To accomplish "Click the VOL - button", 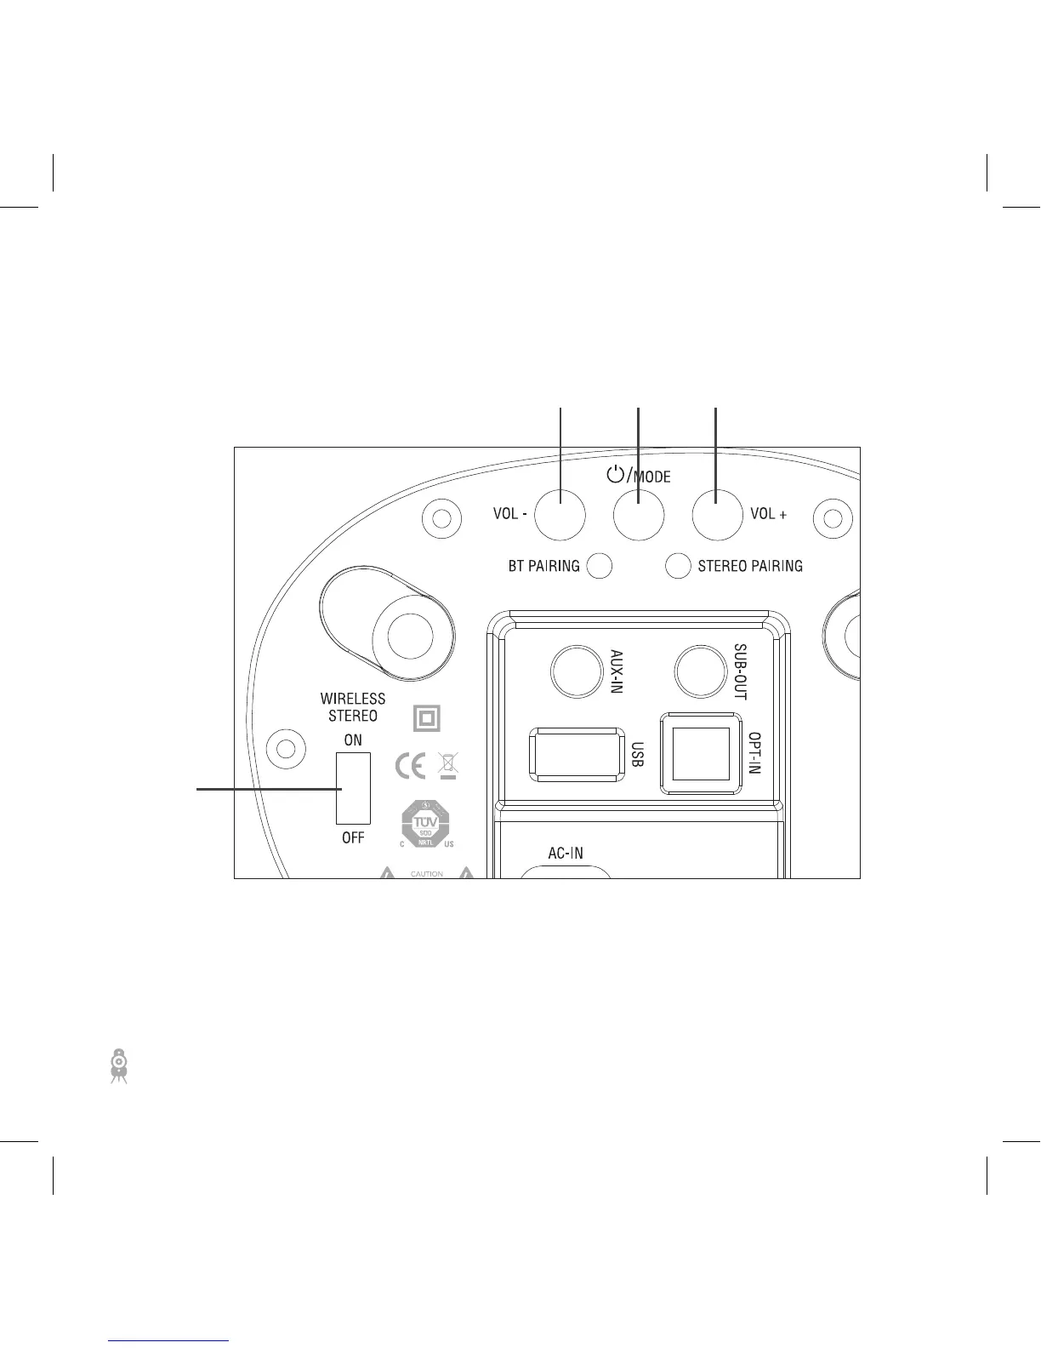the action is (560, 514).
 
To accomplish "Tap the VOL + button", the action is (716, 514).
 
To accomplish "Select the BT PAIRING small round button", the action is (600, 566).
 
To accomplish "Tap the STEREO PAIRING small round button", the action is (677, 566).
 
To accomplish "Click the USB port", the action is (575, 753).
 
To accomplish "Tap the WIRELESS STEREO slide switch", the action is (353, 788).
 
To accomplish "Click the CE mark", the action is (411, 767).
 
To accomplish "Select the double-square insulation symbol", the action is (427, 719).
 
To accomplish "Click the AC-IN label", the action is (565, 853).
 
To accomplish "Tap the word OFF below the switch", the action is (353, 838).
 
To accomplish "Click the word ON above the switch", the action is (353, 740).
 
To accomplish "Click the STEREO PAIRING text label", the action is (750, 566).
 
